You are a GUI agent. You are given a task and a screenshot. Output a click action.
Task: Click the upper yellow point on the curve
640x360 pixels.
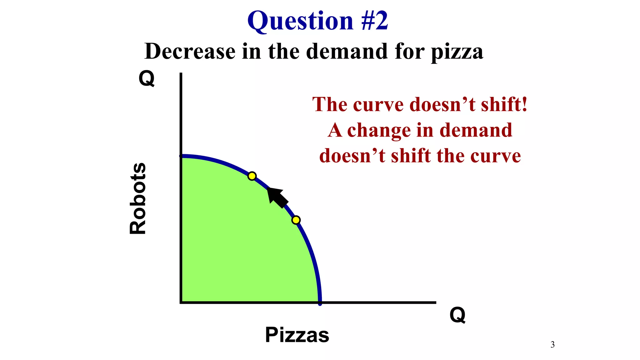coord(252,176)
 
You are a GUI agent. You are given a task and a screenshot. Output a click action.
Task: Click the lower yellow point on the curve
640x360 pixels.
coord(296,220)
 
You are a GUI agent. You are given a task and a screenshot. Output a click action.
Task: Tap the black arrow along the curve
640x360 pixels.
coord(277,197)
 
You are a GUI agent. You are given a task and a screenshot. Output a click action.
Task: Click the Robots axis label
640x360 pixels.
coord(138,198)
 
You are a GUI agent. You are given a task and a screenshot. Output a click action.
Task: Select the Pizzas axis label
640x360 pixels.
coord(297,335)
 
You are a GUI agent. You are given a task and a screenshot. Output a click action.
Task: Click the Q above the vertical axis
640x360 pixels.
coord(147,78)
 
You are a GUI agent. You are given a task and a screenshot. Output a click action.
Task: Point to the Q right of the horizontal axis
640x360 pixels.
coord(457,315)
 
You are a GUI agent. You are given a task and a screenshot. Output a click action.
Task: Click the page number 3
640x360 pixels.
coord(552,345)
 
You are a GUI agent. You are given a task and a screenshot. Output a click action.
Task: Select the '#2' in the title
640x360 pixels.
coord(374,21)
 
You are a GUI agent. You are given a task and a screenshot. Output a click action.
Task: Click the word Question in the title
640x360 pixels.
coord(300,21)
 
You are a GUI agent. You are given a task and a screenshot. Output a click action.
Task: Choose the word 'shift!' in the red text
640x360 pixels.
coord(504,104)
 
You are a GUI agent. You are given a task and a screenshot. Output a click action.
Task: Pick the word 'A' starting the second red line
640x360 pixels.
coord(335,130)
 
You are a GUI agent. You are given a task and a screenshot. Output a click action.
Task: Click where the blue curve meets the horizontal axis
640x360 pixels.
coord(320,302)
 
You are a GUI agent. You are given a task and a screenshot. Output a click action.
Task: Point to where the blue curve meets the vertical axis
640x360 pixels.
coord(181,156)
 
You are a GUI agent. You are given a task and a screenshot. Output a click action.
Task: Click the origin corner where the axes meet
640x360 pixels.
coord(181,302)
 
